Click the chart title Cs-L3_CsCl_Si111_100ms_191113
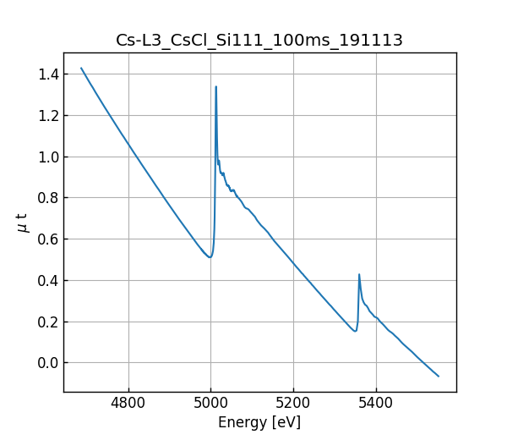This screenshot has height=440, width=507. tap(259, 40)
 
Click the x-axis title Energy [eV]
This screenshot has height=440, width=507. tap(259, 422)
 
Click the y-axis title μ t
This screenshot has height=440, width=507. tap(23, 223)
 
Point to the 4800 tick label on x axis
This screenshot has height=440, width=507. tap(128, 404)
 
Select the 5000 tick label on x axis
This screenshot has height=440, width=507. tap(211, 404)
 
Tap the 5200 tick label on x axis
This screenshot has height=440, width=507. tap(293, 404)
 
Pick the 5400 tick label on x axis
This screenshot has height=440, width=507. tap(376, 404)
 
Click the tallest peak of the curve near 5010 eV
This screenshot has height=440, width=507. tap(215, 86)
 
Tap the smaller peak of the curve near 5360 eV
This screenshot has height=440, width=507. tap(359, 274)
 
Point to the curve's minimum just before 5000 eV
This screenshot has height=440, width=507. tap(210, 257)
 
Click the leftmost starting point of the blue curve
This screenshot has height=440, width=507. tap(81, 69)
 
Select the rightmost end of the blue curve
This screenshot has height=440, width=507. tap(439, 376)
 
